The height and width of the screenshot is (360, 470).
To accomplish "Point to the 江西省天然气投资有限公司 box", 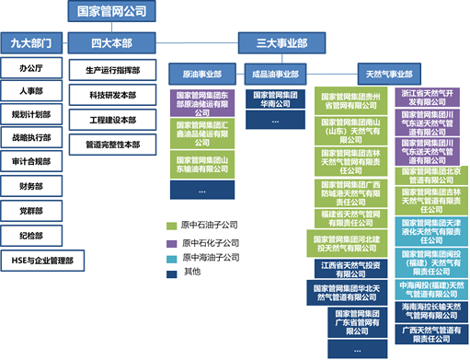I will [353, 267].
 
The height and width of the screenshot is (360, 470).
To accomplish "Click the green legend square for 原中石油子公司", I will [171, 226].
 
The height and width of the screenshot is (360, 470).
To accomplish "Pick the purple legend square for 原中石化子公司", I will [171, 243].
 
